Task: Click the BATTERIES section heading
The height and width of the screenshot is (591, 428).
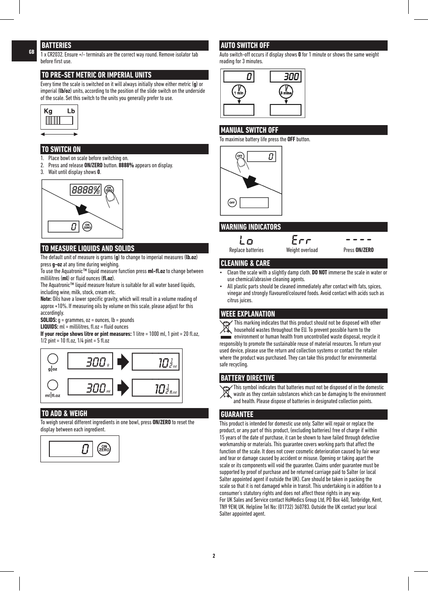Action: click(57, 45)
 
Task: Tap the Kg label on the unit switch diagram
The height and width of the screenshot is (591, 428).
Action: click(48, 111)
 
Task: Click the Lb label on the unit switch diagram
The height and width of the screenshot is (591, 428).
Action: click(71, 111)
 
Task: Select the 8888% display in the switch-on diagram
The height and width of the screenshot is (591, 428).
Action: click(85, 190)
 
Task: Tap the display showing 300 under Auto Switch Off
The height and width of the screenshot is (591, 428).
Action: click(285, 77)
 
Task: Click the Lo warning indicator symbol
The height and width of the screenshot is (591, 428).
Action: click(246, 240)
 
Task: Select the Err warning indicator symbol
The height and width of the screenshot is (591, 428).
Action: click(301, 240)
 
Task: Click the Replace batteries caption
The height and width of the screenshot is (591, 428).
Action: click(246, 250)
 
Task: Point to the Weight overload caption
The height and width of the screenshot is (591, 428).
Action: click(302, 250)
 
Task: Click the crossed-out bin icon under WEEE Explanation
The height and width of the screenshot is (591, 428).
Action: click(226, 329)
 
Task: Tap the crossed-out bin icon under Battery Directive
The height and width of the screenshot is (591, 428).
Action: click(226, 391)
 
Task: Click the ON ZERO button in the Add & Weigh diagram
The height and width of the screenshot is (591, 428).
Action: click(104, 448)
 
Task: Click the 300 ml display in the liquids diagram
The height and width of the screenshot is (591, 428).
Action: click(92, 388)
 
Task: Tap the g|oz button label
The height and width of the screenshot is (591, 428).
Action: click(53, 369)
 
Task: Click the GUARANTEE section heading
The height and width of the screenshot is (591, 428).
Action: click(237, 414)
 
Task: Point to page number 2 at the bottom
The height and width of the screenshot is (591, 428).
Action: click(214, 556)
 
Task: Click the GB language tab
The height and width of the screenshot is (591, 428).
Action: click(31, 52)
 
